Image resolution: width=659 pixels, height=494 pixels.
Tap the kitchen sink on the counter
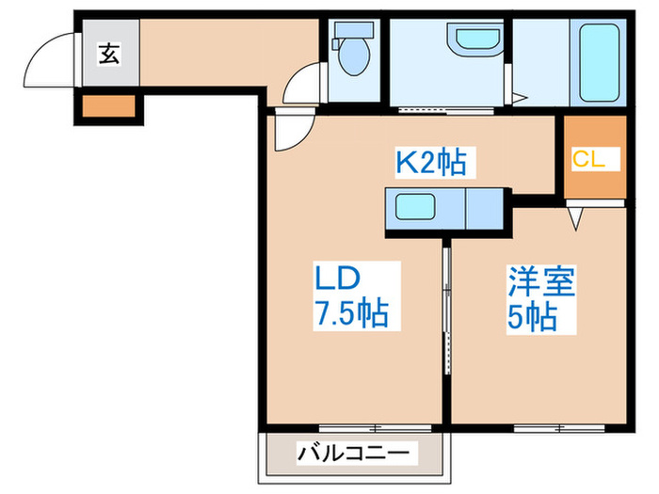pyautogui.click(x=414, y=207)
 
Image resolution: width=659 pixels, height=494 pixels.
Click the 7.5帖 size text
pyautogui.click(x=352, y=312)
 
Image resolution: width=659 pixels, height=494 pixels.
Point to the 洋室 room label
pyautogui.click(x=540, y=280)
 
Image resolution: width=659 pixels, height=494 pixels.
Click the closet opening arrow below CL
pyautogui.click(x=576, y=217)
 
